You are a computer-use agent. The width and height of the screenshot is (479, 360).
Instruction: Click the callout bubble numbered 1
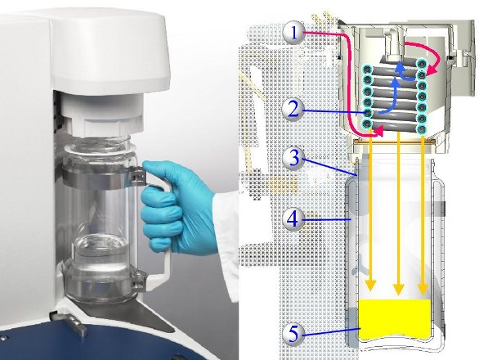tap(294, 33)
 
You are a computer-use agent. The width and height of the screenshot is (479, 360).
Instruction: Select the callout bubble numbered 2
tap(293, 110)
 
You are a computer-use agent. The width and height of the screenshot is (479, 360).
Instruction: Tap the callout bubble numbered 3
tap(293, 159)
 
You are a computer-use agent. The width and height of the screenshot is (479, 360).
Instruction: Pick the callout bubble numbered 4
tap(293, 219)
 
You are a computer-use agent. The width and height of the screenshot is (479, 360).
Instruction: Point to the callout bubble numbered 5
tap(293, 334)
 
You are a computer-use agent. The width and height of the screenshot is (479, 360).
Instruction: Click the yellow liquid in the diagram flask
tap(394, 319)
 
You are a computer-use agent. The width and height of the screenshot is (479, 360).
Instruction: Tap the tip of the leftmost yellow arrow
tap(370, 290)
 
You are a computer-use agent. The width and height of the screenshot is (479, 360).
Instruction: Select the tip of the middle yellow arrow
tap(398, 295)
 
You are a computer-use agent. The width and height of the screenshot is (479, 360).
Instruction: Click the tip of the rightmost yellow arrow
tap(423, 294)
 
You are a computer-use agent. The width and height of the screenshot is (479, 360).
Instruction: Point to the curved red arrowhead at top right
tap(432, 71)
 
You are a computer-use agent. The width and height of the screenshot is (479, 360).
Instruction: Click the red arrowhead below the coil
tap(378, 132)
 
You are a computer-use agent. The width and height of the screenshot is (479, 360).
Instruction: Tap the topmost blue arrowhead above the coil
tap(400, 66)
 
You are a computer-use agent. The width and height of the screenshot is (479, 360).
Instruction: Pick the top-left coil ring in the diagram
tap(367, 69)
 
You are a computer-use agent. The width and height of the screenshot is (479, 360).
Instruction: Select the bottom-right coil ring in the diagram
tap(422, 128)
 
